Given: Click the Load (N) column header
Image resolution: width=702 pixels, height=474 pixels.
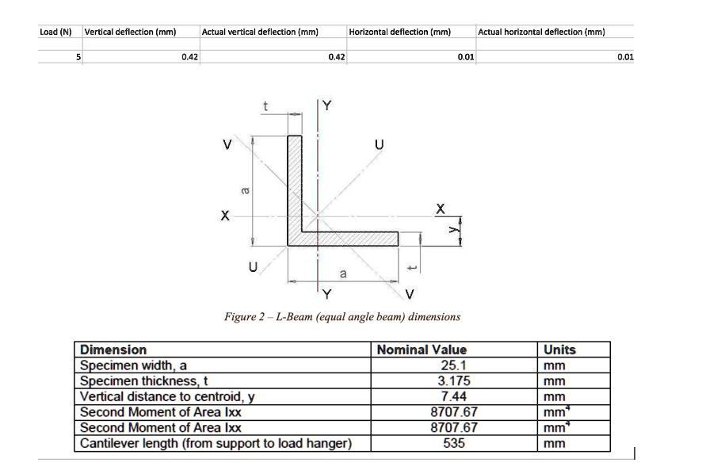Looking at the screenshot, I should pos(55,32).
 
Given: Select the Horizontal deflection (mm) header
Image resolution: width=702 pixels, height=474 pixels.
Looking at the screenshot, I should pos(400,32).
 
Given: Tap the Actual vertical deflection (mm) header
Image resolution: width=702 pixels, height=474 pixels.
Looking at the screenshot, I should pos(260,32).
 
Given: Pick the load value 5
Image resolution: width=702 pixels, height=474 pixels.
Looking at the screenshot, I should pos(78,57).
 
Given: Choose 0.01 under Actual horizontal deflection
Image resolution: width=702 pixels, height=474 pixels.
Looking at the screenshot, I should pos(625,57).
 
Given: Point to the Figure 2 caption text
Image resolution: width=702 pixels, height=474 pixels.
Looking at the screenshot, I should pos(342,317).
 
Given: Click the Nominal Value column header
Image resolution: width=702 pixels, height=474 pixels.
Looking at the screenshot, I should pos(422,350).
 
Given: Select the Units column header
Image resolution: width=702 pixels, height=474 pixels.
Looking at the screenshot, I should pos(559,350).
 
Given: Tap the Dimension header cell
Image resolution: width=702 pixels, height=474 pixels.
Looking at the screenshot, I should pos(114,350).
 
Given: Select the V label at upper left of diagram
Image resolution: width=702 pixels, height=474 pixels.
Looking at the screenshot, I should pos(227,145).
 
